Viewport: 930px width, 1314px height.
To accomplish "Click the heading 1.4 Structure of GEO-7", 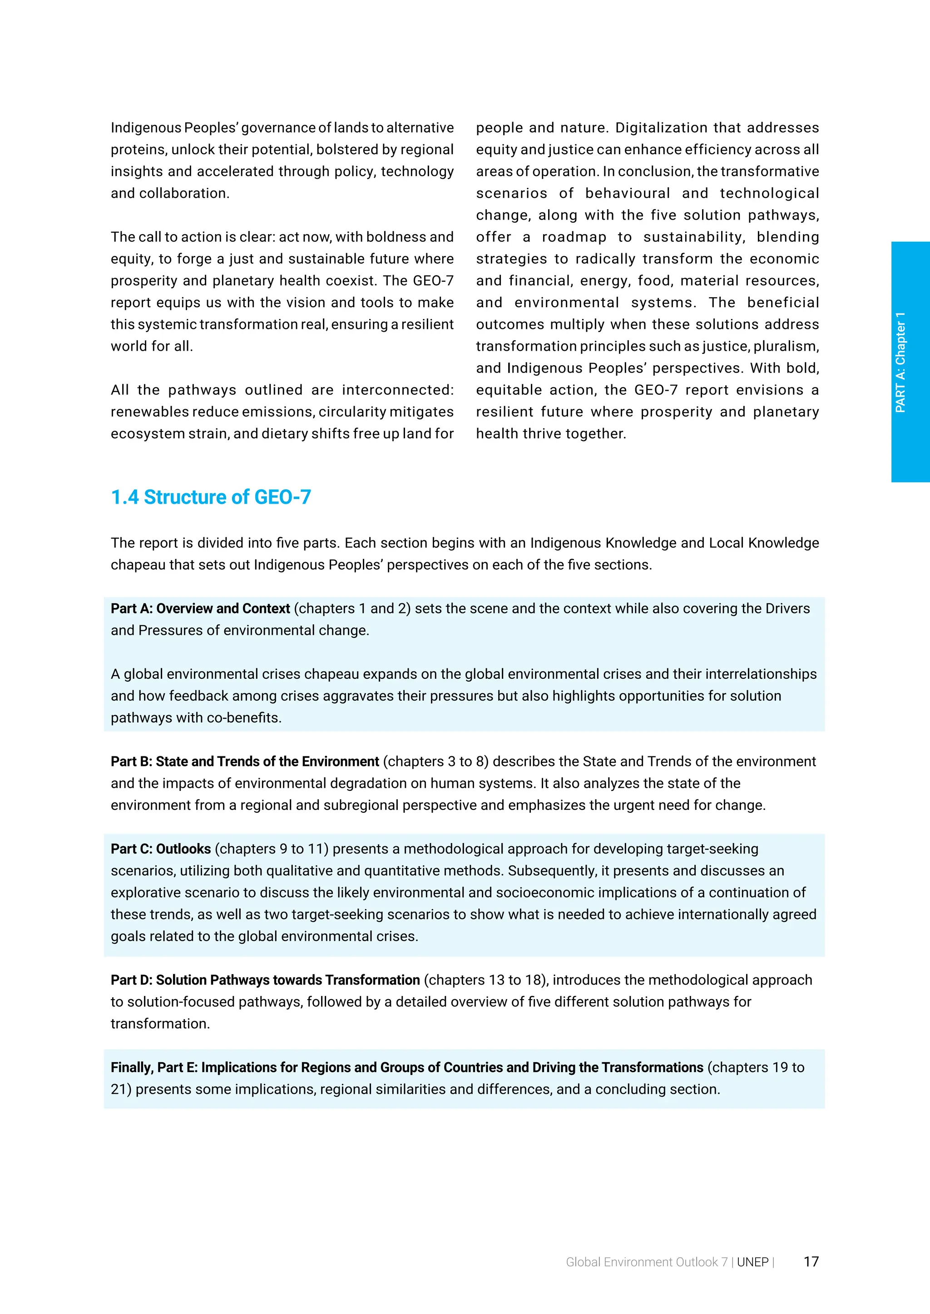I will [x=211, y=497].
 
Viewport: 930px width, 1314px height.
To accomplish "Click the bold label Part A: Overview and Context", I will [x=200, y=608].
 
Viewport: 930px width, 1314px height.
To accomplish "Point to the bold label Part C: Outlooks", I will [x=161, y=849].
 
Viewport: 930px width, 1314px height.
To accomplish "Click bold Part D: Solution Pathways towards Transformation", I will [x=265, y=980].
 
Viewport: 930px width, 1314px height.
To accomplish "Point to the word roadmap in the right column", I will [x=574, y=237].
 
